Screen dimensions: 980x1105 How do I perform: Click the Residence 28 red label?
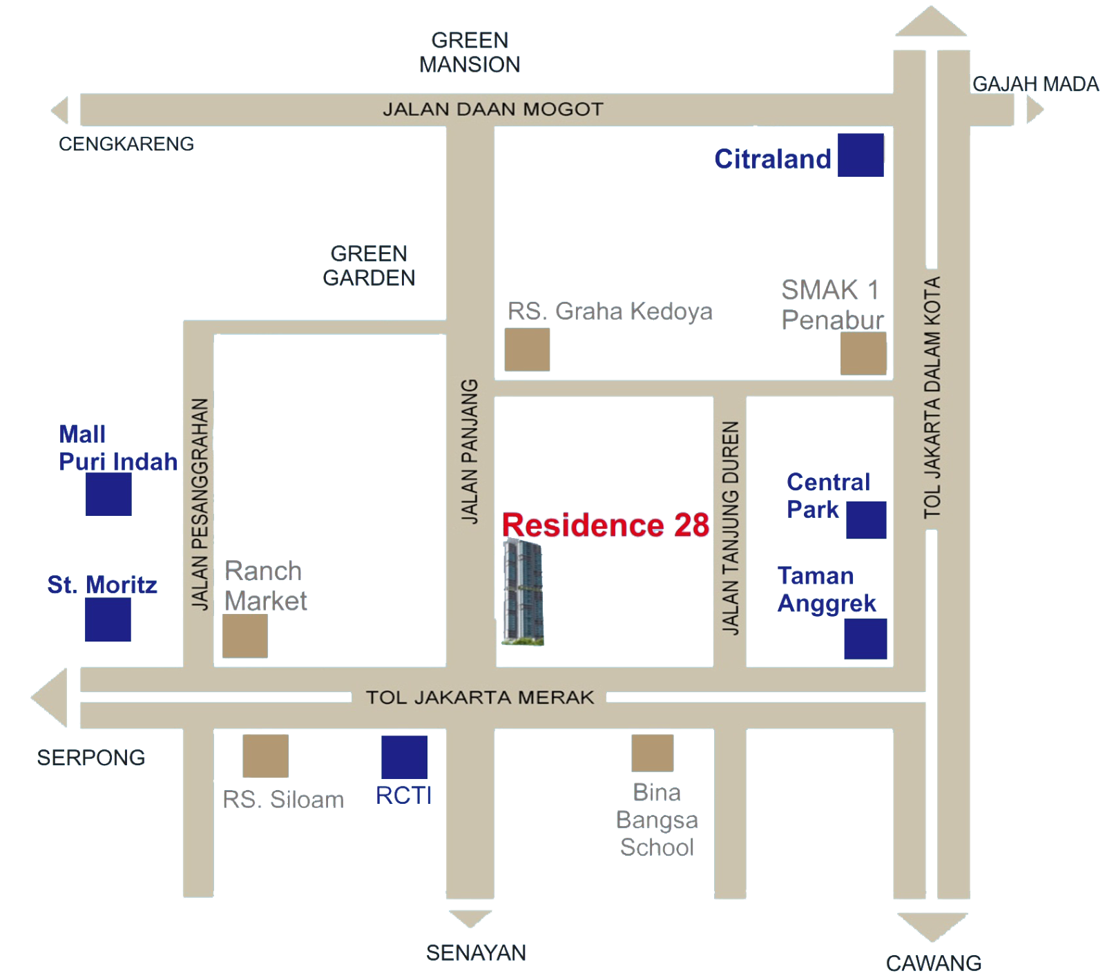pyautogui.click(x=606, y=526)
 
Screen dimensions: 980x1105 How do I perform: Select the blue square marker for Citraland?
pyautogui.click(x=861, y=155)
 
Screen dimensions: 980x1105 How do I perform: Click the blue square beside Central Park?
pyautogui.click(x=866, y=520)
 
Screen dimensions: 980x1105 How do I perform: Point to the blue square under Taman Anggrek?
pyautogui.click(x=865, y=638)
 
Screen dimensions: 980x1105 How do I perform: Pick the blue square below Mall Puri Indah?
pyautogui.click(x=108, y=494)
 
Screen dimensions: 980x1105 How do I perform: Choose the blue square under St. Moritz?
pyautogui.click(x=108, y=619)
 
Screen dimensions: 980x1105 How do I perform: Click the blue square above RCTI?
pyautogui.click(x=404, y=757)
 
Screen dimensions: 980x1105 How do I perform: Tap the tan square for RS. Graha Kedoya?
pyautogui.click(x=527, y=350)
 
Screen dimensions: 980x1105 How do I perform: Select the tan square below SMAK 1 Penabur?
pyautogui.click(x=863, y=354)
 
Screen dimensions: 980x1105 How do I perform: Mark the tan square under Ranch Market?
pyautogui.click(x=245, y=636)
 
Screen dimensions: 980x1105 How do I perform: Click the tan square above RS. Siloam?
pyautogui.click(x=265, y=756)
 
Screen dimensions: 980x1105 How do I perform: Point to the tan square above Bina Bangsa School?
pyautogui.click(x=652, y=753)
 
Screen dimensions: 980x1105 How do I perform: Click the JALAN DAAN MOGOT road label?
pyautogui.click(x=493, y=109)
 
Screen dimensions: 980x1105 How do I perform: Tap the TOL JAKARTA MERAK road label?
pyautogui.click(x=480, y=698)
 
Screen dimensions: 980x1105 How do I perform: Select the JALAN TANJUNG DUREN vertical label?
pyautogui.click(x=730, y=528)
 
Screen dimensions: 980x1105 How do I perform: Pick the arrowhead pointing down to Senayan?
pyautogui.click(x=470, y=919)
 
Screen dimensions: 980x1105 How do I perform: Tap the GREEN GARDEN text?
pyautogui.click(x=368, y=265)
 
